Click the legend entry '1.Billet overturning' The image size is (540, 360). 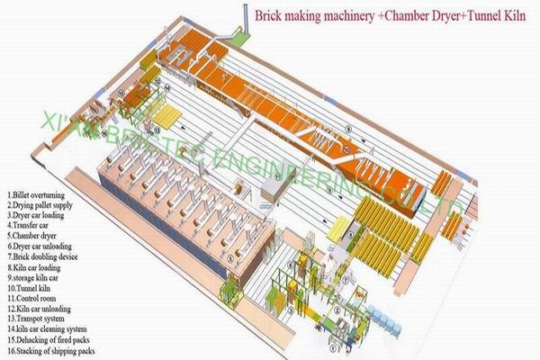[35, 193]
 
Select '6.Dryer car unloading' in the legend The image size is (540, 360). [40, 246]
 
